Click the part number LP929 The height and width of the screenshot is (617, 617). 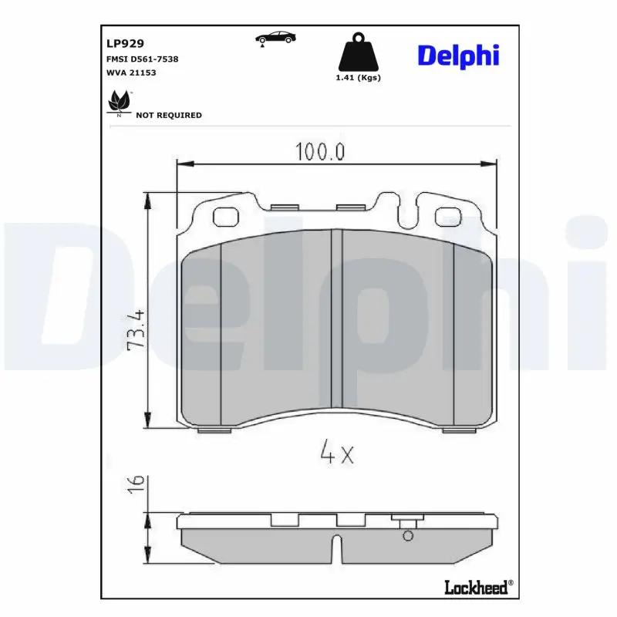[x=125, y=43]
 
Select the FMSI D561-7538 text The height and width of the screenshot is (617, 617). [x=142, y=59]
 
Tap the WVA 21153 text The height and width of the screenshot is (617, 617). [x=131, y=72]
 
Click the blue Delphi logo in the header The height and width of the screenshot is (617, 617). [x=458, y=56]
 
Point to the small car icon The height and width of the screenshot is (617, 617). [x=275, y=38]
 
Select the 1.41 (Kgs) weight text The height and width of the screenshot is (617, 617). [x=358, y=78]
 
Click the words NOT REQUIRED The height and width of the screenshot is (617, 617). [x=169, y=115]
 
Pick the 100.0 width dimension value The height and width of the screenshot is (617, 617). [x=320, y=151]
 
